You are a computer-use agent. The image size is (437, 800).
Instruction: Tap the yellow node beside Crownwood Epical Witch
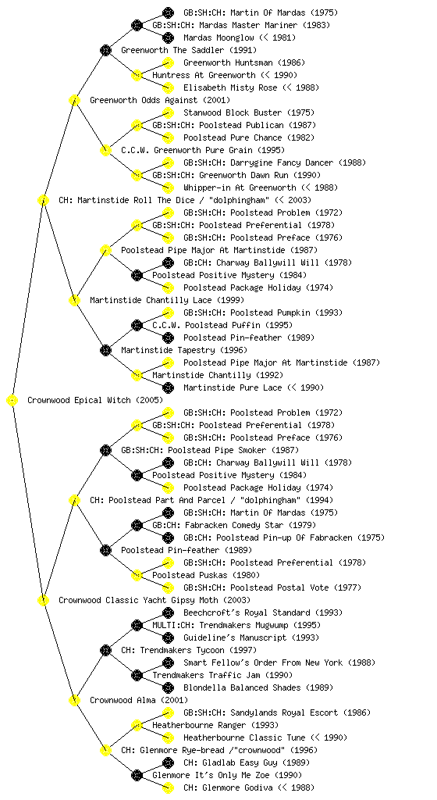click(12, 400)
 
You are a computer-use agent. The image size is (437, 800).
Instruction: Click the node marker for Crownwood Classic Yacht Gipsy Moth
click(43, 600)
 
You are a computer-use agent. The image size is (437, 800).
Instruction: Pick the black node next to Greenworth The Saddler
click(105, 50)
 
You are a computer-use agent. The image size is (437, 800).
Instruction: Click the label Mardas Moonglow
click(218, 37)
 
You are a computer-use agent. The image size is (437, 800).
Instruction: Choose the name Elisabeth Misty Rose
click(230, 87)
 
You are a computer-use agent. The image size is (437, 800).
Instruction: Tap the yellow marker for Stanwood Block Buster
click(168, 112)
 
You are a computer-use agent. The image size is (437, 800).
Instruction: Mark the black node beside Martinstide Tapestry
click(105, 350)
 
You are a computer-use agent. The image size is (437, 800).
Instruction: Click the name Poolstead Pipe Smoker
click(217, 450)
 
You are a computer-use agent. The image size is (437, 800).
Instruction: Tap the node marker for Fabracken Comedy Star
click(137, 525)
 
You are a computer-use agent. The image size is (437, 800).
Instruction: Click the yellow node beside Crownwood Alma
click(74, 700)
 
